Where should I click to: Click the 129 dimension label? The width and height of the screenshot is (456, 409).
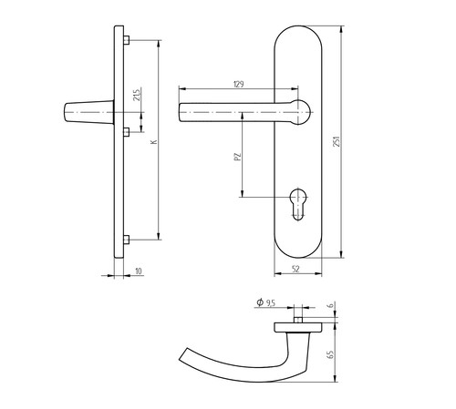point(239,84)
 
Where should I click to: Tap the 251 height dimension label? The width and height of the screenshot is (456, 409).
point(337,141)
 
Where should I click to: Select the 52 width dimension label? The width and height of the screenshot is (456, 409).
point(295,269)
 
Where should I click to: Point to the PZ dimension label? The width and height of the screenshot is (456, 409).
point(238,157)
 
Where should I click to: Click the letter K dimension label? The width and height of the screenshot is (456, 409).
point(154,141)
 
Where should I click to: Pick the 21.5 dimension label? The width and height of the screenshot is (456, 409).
point(137,95)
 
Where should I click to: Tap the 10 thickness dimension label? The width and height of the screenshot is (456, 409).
point(139,271)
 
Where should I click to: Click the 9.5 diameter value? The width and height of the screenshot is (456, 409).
point(270,302)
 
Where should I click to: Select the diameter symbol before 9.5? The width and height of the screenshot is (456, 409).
point(260,302)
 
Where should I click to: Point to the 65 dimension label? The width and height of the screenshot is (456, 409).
point(330,354)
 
